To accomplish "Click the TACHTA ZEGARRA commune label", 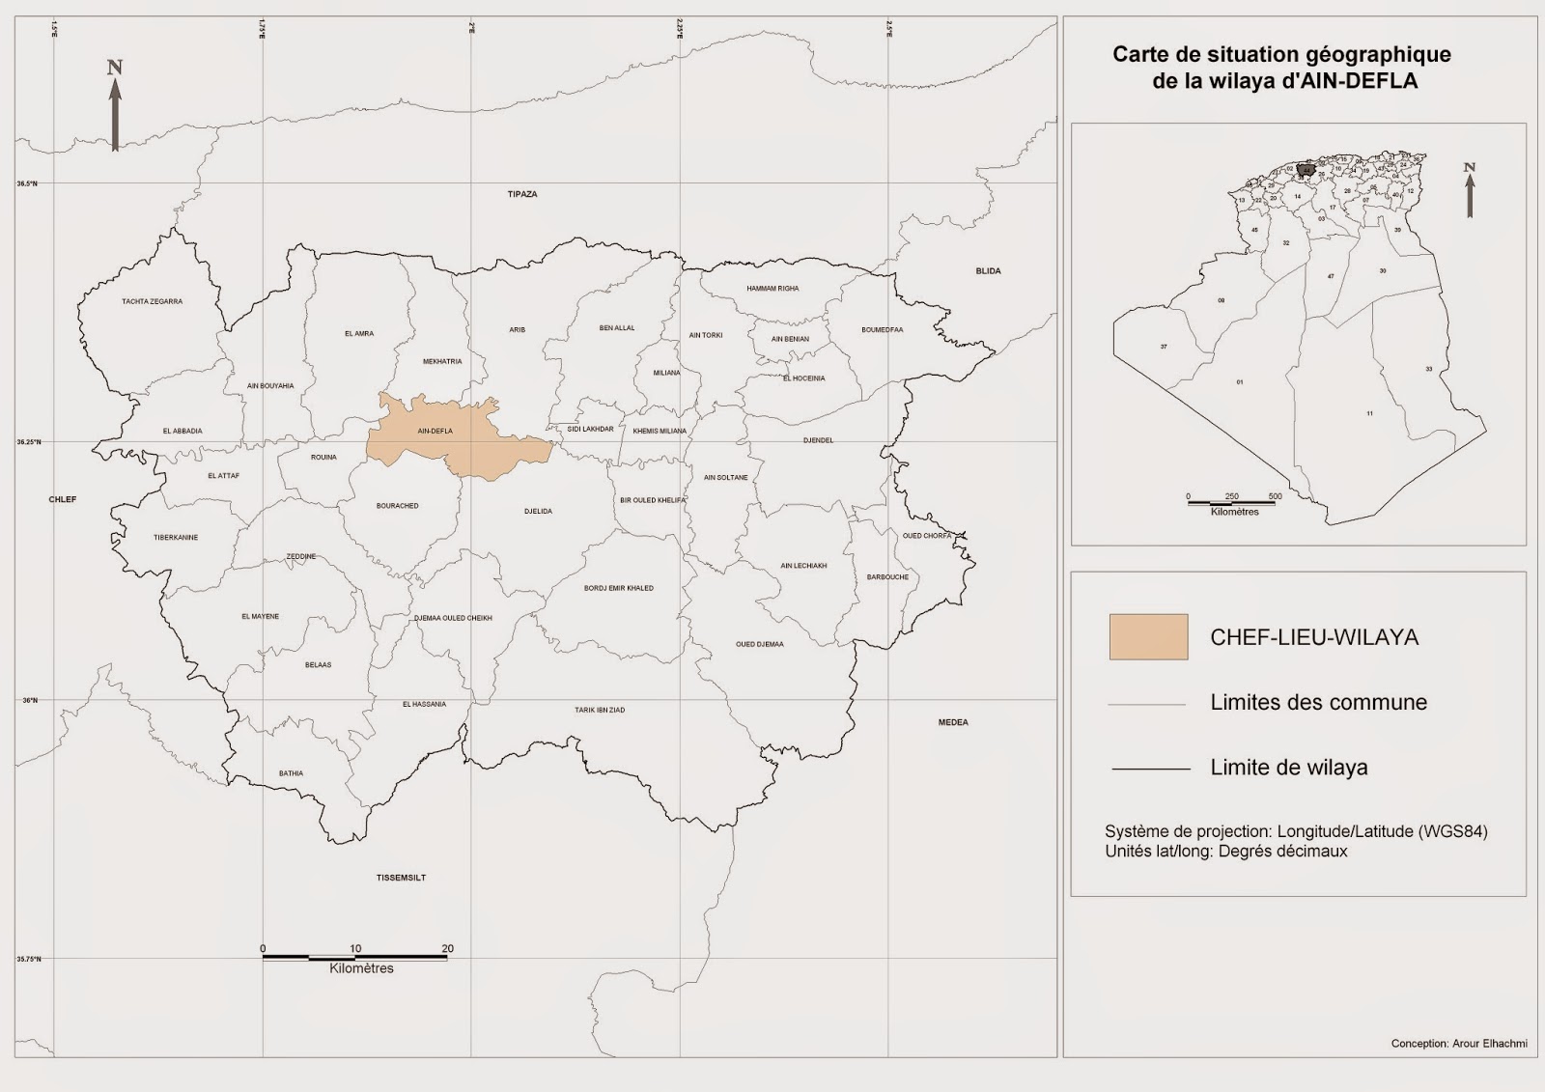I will pyautogui.click(x=152, y=301).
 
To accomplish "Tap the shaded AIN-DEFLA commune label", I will pyautogui.click(x=435, y=432).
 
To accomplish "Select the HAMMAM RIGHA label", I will pyautogui.click(x=772, y=289).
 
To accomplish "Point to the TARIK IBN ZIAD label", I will pyautogui.click(x=600, y=710).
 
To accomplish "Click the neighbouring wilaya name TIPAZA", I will pyautogui.click(x=522, y=194).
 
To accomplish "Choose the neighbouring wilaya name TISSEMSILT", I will pyautogui.click(x=401, y=878).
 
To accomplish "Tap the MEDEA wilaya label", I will pyautogui.click(x=952, y=722).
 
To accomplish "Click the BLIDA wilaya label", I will pyautogui.click(x=988, y=271).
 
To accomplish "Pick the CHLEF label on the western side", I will pyautogui.click(x=63, y=499).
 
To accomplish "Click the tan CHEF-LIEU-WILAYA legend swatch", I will pyautogui.click(x=1148, y=637).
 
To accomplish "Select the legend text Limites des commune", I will pyautogui.click(x=1318, y=703).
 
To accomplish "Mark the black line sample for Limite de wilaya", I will pyautogui.click(x=1150, y=769).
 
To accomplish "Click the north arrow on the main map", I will pyautogui.click(x=115, y=106).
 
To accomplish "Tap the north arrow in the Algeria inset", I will pyautogui.click(x=1470, y=190).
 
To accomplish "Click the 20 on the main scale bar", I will pyautogui.click(x=447, y=948).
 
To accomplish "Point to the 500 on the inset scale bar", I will pyautogui.click(x=1275, y=496).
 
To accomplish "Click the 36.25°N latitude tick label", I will pyautogui.click(x=27, y=442).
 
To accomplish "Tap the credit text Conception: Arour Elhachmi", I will pyautogui.click(x=1458, y=1044).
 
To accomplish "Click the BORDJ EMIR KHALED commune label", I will pyautogui.click(x=618, y=588).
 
